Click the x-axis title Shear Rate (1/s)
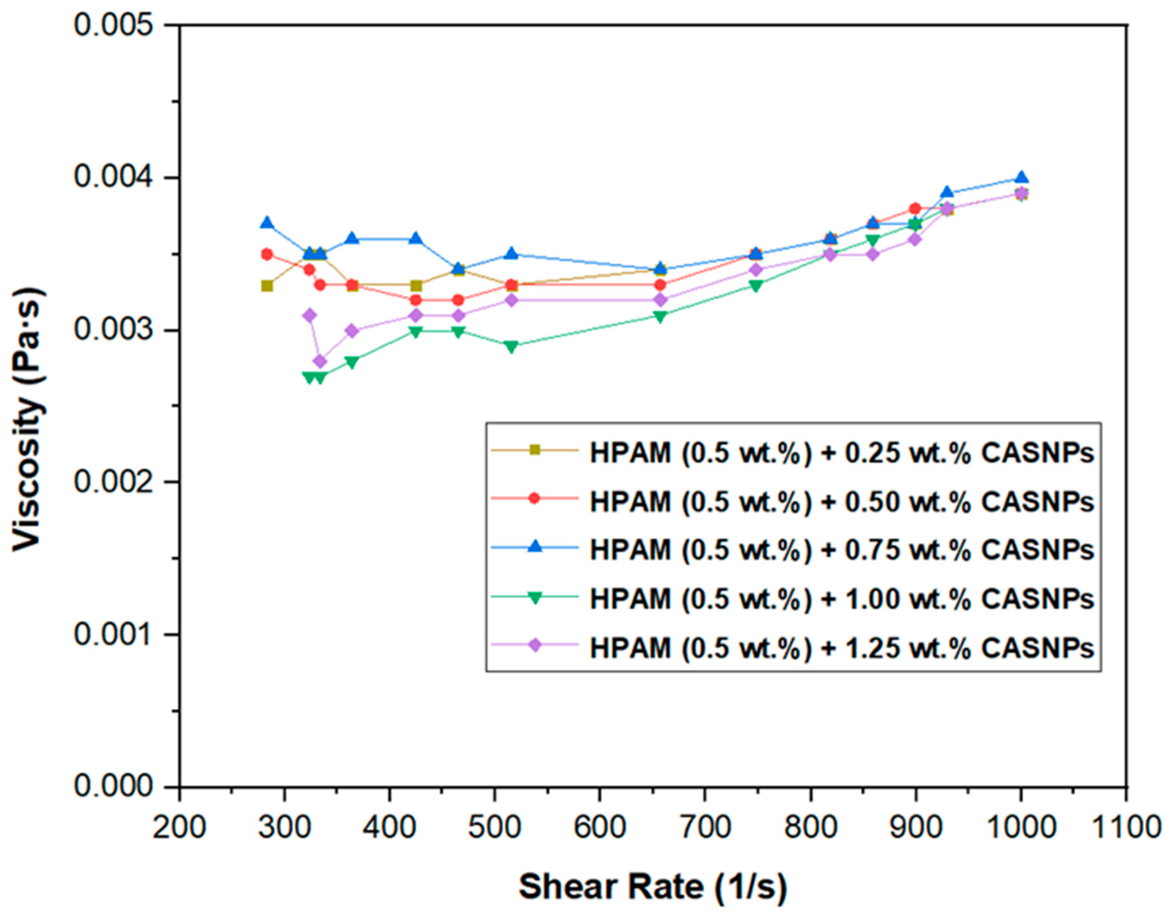652,886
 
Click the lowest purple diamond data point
320,361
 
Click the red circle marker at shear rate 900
915,208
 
